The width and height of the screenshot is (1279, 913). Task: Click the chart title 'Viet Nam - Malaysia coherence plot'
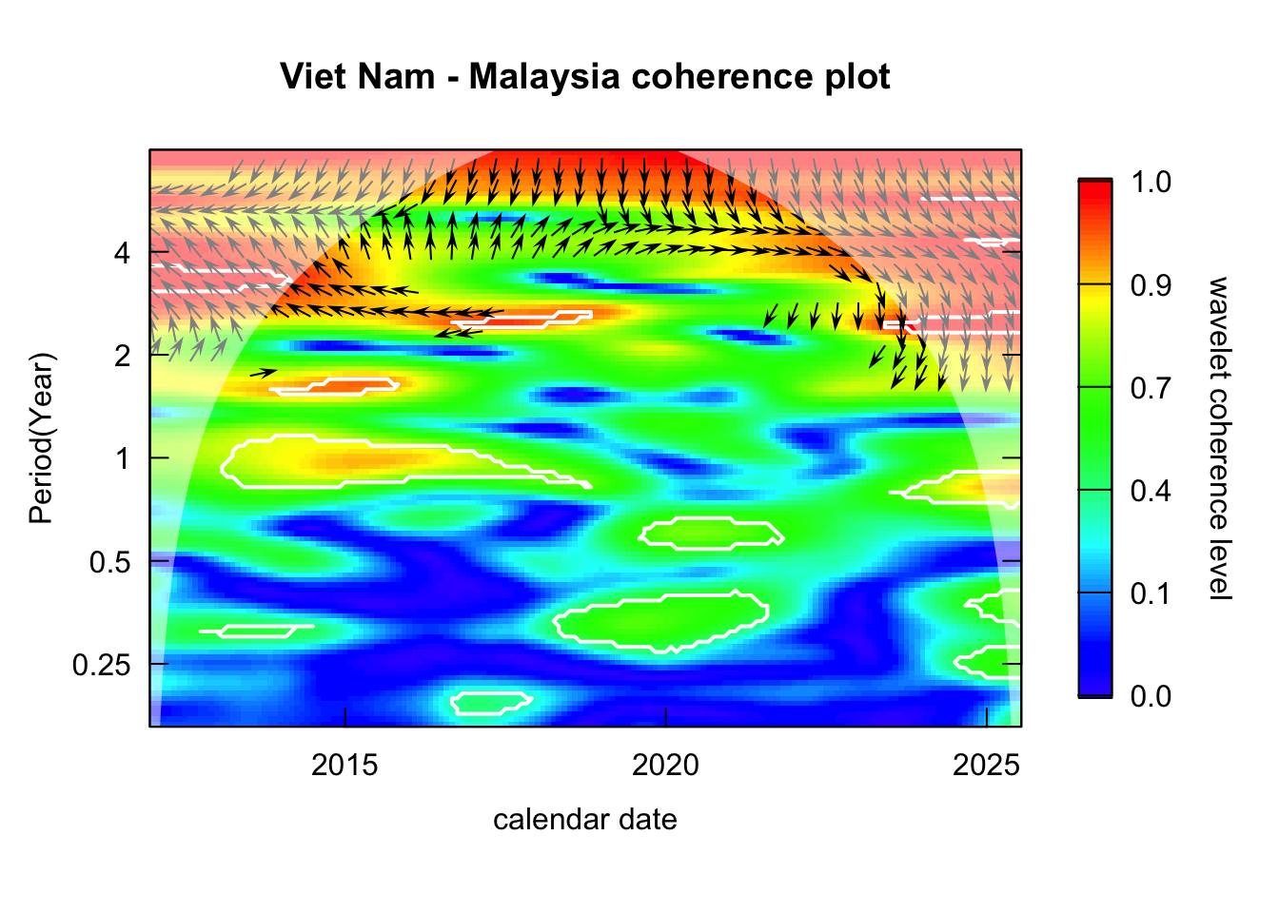coord(585,76)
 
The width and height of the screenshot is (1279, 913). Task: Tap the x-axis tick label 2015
coord(344,765)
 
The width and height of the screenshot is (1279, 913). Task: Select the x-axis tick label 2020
coord(665,765)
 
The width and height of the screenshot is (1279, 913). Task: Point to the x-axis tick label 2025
coord(986,765)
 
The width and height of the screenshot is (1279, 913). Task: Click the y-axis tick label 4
coord(121,253)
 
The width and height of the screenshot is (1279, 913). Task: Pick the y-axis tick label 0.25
coord(101,665)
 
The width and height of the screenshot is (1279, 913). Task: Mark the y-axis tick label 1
coord(121,458)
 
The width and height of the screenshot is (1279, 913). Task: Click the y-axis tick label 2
coord(121,356)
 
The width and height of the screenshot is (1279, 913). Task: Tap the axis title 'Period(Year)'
coord(42,438)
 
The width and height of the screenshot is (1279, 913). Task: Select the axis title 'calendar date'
coord(585,820)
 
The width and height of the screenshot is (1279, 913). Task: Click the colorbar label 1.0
coord(1151,182)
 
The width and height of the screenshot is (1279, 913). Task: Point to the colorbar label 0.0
coord(1151,697)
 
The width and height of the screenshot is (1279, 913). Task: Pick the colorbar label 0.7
coord(1151,388)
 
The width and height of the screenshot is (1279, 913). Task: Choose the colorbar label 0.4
coord(1151,491)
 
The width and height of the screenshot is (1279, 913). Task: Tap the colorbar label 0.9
coord(1151,285)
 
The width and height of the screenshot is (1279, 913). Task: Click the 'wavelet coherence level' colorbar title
coord(1219,438)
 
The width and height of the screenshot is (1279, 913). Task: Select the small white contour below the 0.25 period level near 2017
coord(490,703)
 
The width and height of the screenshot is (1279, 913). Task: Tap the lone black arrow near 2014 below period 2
coord(263,373)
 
